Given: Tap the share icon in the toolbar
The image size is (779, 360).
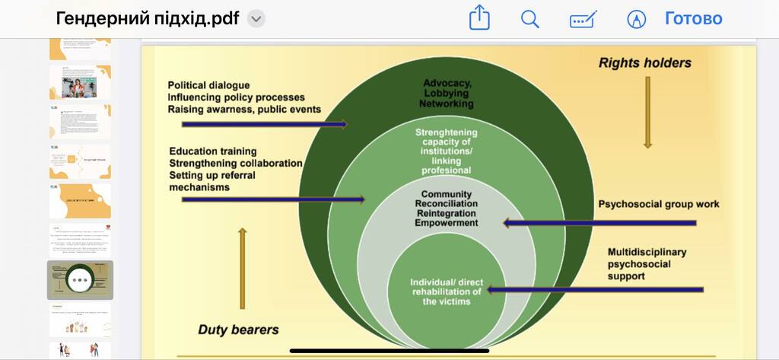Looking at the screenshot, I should [x=479, y=18].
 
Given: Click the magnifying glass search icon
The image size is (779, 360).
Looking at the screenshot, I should [x=530, y=19].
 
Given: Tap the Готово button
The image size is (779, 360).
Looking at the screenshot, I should [x=693, y=18].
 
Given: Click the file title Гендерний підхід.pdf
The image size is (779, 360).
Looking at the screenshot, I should [x=148, y=18].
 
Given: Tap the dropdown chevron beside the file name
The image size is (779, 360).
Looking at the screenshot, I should [x=256, y=19].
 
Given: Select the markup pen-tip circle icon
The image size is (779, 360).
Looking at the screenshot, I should [x=636, y=19].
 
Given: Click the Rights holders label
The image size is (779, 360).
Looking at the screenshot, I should [x=644, y=62].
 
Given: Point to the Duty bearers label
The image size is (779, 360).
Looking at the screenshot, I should [x=238, y=330].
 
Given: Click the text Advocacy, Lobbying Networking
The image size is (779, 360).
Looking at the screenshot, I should [x=448, y=93].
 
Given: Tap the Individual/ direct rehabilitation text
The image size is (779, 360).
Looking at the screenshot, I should [x=447, y=292].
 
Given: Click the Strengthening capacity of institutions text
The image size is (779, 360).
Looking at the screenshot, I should [x=447, y=151].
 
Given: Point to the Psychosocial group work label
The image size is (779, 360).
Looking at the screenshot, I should [x=658, y=204].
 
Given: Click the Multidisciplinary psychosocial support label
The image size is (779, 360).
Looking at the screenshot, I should [x=647, y=263].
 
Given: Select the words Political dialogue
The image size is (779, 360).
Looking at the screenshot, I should [x=208, y=85].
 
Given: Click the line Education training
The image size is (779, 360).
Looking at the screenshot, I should [x=213, y=151].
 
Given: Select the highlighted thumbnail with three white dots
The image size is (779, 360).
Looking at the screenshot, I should [x=80, y=280].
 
